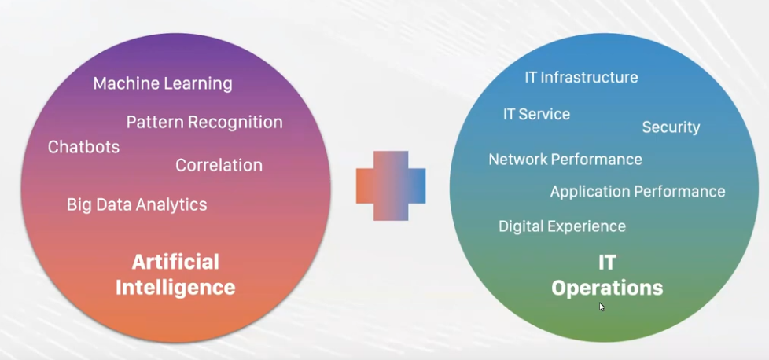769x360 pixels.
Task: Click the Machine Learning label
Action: tap(163, 84)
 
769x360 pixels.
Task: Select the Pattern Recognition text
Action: tap(204, 122)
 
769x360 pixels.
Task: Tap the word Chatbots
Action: tap(83, 147)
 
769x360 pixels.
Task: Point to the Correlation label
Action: tap(219, 165)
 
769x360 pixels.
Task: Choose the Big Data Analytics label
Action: tap(137, 204)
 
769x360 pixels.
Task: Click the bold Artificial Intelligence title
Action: tap(175, 274)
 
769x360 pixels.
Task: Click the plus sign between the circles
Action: tap(391, 186)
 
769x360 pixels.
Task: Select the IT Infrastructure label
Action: tap(581, 78)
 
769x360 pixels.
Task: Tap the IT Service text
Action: tap(536, 114)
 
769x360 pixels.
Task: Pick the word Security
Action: tap(671, 127)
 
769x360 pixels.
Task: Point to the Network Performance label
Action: tap(565, 160)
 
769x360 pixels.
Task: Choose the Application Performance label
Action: tap(638, 191)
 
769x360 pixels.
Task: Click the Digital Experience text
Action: tap(562, 226)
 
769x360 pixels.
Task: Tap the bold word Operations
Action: tap(607, 288)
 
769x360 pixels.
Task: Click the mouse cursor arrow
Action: tap(602, 307)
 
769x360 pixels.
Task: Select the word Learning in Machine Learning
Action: tap(198, 84)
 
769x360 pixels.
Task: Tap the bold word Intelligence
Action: tap(175, 288)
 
